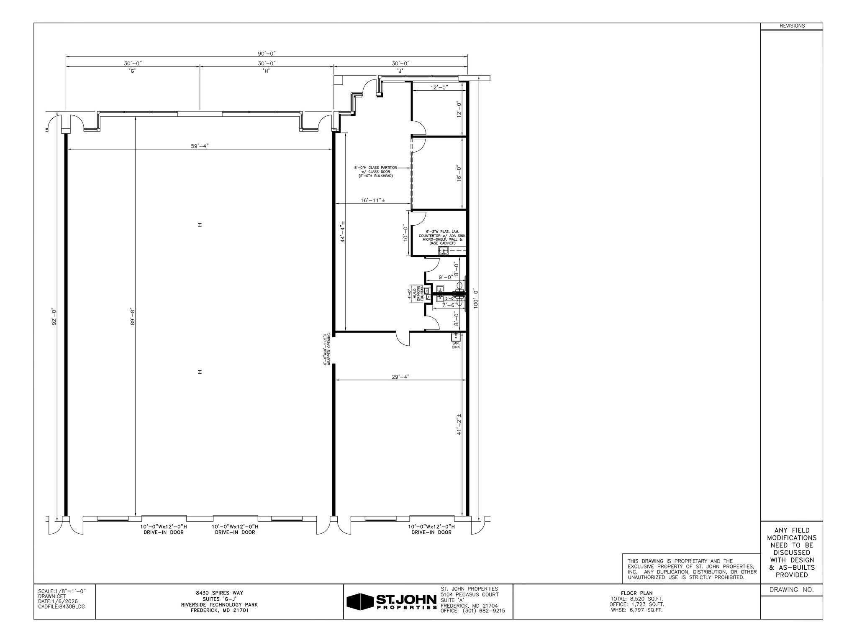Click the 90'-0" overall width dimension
267,53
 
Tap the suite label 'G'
133,71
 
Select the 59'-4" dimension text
199,146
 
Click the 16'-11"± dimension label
372,200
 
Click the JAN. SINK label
456,345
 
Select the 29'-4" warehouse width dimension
400,377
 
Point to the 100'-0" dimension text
475,299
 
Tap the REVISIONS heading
792,26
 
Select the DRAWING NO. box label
792,590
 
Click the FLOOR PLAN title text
636,593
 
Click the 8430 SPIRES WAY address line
219,593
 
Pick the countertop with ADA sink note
439,237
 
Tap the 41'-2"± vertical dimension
459,424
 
